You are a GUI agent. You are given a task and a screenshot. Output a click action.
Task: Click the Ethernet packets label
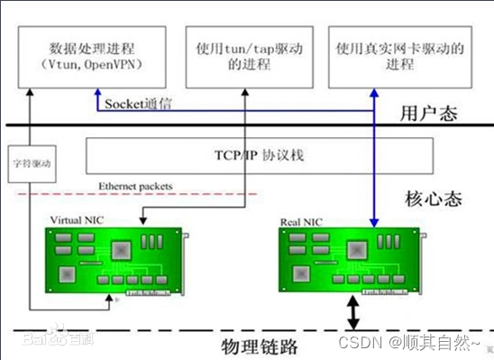pos(134,188)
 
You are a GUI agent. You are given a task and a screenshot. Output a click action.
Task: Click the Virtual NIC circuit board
pos(117,262)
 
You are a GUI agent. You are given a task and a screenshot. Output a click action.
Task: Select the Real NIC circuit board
pos(347,262)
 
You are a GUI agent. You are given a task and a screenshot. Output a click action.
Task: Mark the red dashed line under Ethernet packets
pos(135,195)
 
